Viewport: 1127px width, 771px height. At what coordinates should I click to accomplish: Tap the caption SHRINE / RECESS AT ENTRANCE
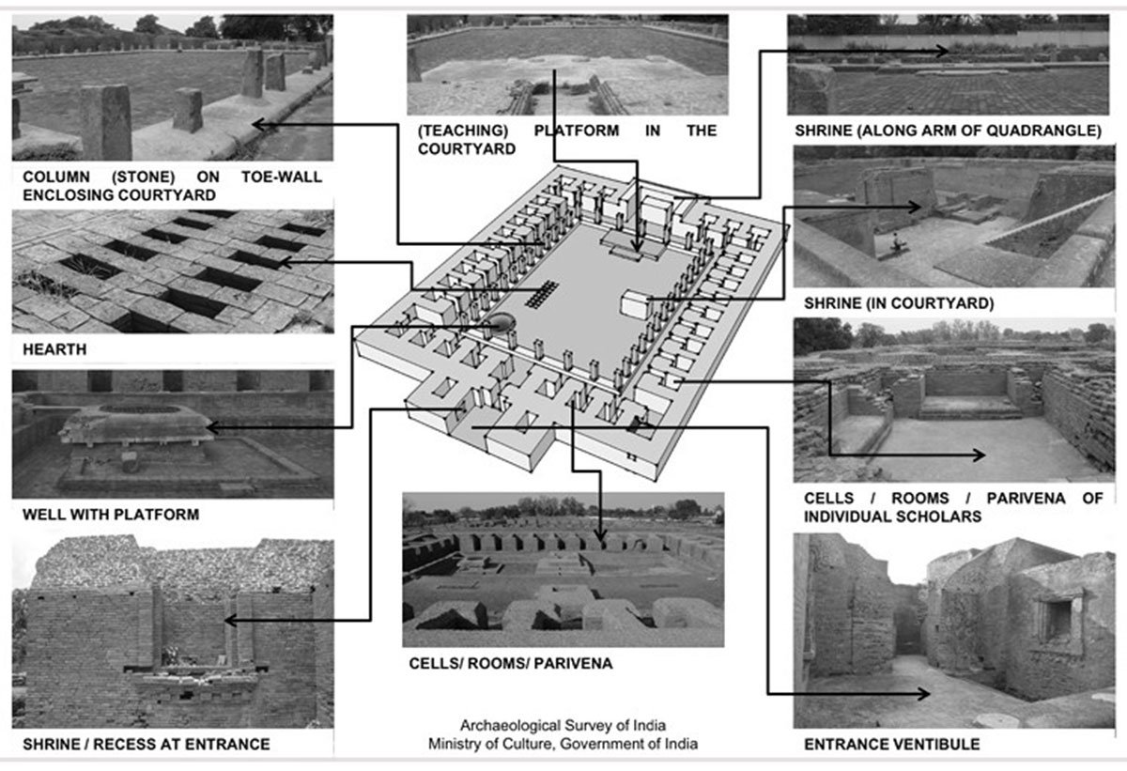[x=141, y=744]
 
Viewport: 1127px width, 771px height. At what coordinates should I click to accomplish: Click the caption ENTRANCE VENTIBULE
[x=891, y=745]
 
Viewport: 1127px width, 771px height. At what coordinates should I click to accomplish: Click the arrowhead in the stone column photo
[x=256, y=123]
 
